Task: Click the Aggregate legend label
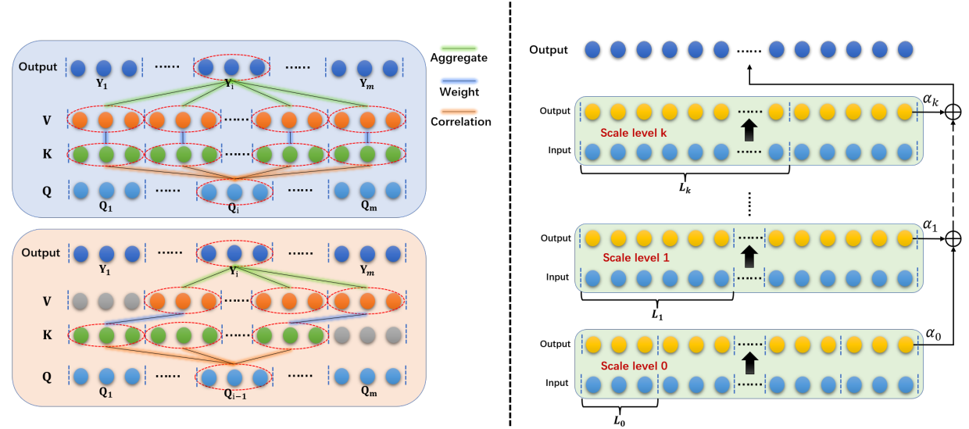459,58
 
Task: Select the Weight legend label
459,92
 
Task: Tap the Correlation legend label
461,122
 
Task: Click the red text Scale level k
634,132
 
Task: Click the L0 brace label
618,420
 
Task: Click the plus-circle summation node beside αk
952,113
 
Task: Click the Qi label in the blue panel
234,209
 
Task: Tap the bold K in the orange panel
48,335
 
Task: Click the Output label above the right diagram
548,50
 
